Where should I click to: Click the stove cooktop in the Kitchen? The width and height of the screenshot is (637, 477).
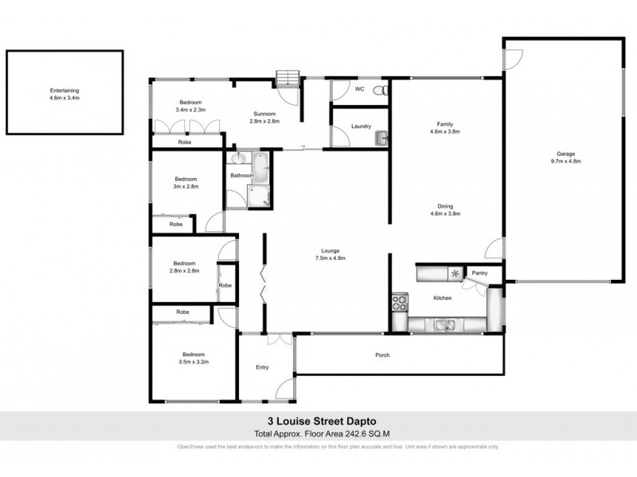(398, 303)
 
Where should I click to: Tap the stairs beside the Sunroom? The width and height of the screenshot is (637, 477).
(286, 77)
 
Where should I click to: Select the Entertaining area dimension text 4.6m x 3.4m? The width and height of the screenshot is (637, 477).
(65, 98)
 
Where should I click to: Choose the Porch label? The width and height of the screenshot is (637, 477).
(383, 355)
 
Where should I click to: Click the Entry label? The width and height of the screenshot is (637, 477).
(262, 367)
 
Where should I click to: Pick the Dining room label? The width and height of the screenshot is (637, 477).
(446, 205)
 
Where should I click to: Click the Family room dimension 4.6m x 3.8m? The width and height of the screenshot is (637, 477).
(446, 131)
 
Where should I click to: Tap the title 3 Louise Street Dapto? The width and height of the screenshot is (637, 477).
(318, 423)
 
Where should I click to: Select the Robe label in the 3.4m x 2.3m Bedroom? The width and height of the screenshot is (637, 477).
(184, 142)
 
